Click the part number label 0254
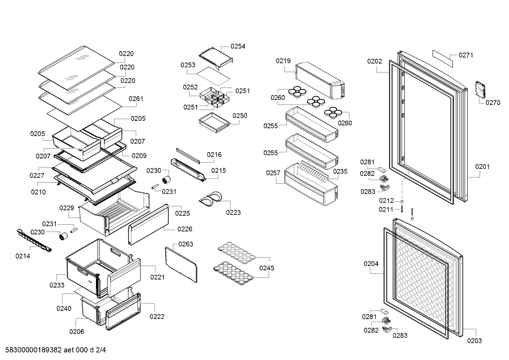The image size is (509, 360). tap(238, 46)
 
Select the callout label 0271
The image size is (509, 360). tap(466, 55)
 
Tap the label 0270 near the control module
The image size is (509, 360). tap(493, 103)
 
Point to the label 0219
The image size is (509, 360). tap(283, 61)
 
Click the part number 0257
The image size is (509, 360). tap(273, 173)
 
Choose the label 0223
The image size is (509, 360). tap(233, 212)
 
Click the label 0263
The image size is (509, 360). tap(186, 244)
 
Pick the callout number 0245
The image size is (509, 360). tap(267, 268)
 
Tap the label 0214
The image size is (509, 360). tap(23, 256)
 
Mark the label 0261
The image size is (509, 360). tap(136, 99)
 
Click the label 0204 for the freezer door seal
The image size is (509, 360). tap(371, 264)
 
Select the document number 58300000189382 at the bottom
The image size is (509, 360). tap(32, 350)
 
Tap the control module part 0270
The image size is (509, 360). tap(480, 89)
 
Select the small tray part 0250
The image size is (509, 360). tap(214, 121)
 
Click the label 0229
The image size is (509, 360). tap(66, 208)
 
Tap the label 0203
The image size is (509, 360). tap(474, 341)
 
